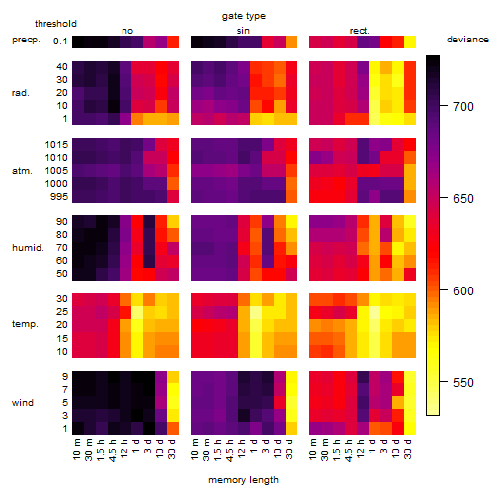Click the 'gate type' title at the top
[244, 16]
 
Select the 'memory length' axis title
[243, 480]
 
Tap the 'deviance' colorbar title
[467, 40]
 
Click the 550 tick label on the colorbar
[463, 382]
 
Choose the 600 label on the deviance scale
[463, 290]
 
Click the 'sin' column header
[243, 31]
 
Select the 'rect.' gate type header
[360, 31]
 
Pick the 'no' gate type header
[127, 31]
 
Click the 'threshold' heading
[55, 24]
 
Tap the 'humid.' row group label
[28, 247]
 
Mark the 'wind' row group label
[23, 402]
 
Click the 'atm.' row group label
[22, 171]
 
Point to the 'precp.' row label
[26, 40]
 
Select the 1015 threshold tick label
[56, 144]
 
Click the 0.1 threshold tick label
[60, 41]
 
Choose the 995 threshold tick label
[59, 197]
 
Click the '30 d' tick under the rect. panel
[408, 449]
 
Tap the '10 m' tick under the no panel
[76, 450]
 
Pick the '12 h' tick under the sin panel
[242, 449]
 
